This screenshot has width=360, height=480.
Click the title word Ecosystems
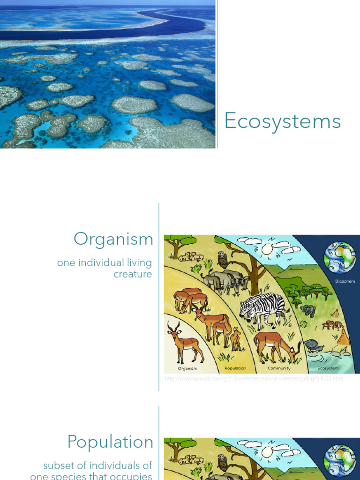pos(282,121)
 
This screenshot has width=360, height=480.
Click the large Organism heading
pos(113,240)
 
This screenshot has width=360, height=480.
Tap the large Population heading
pos(110,442)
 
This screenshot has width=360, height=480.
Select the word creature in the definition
pos(133,274)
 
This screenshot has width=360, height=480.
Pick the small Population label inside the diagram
pos(235,368)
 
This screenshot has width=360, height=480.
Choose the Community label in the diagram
pos(279,368)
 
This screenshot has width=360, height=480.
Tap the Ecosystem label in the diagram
pos(328,368)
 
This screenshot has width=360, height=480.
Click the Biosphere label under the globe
pos(345,281)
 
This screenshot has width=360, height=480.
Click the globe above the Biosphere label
pos(340,258)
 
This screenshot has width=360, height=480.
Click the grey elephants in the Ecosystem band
pos(307,310)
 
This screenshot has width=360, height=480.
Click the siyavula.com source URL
pos(254,379)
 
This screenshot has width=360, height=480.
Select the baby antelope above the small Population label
pos(235,339)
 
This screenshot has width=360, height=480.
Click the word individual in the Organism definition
pos(102,262)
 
